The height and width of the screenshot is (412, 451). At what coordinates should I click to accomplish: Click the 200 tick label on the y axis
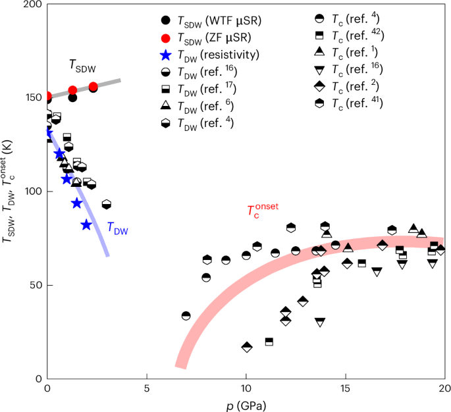tap(33, 5)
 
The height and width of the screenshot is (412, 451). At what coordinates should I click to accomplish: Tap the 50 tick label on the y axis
tap(36, 286)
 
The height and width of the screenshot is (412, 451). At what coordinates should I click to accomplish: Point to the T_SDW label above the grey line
tap(82, 64)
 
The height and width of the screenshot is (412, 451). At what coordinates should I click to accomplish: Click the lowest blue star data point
tap(86, 225)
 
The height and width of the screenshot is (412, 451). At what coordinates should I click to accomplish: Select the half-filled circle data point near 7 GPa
tap(186, 316)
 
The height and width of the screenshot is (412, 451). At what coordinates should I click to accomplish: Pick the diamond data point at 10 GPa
tap(247, 347)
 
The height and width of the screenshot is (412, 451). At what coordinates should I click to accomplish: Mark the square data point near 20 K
tap(269, 342)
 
